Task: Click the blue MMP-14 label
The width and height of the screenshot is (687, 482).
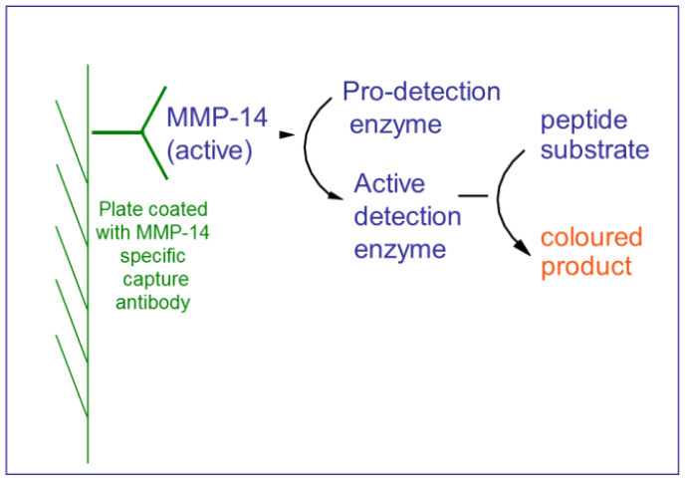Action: [x=217, y=118]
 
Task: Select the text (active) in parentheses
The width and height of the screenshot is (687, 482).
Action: [x=210, y=151]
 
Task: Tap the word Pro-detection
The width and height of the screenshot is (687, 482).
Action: [x=421, y=92]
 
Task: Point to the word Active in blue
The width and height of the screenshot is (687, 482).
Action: [x=389, y=184]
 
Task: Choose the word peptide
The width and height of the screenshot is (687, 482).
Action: [x=584, y=120]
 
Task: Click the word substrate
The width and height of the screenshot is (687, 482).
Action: [x=595, y=150]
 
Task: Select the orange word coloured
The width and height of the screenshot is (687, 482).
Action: [x=591, y=238]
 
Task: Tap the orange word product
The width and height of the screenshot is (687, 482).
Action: [x=586, y=267]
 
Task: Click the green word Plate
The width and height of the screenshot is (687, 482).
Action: [x=121, y=210]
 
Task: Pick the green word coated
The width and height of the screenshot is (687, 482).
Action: [x=177, y=210]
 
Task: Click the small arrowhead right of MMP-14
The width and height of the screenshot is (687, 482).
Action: [x=287, y=133]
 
